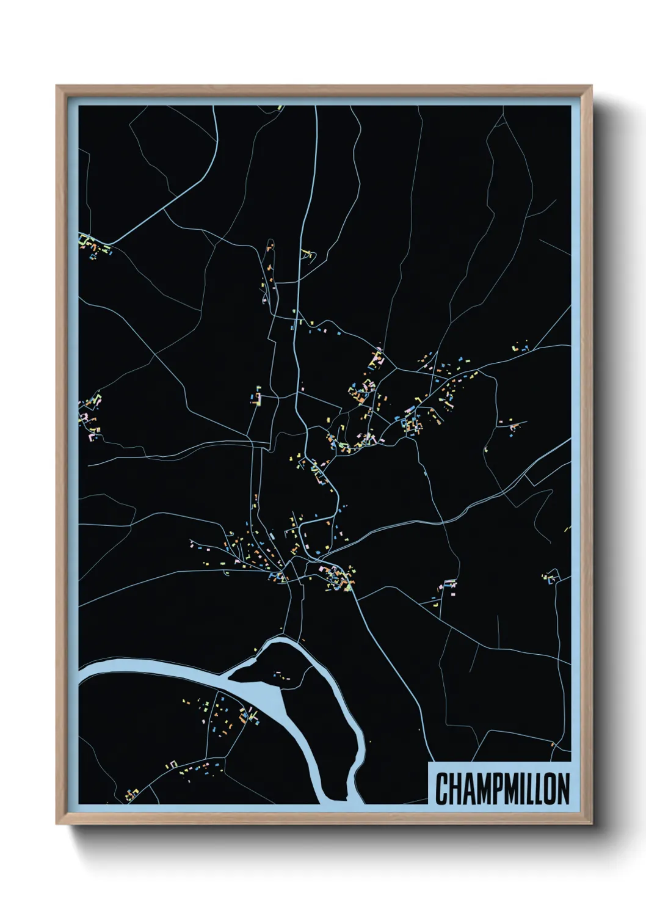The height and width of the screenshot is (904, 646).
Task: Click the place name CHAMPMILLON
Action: [x=503, y=789]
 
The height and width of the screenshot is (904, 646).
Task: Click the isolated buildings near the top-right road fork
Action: [x=522, y=348]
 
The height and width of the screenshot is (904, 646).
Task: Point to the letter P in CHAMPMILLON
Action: [x=499, y=789]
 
